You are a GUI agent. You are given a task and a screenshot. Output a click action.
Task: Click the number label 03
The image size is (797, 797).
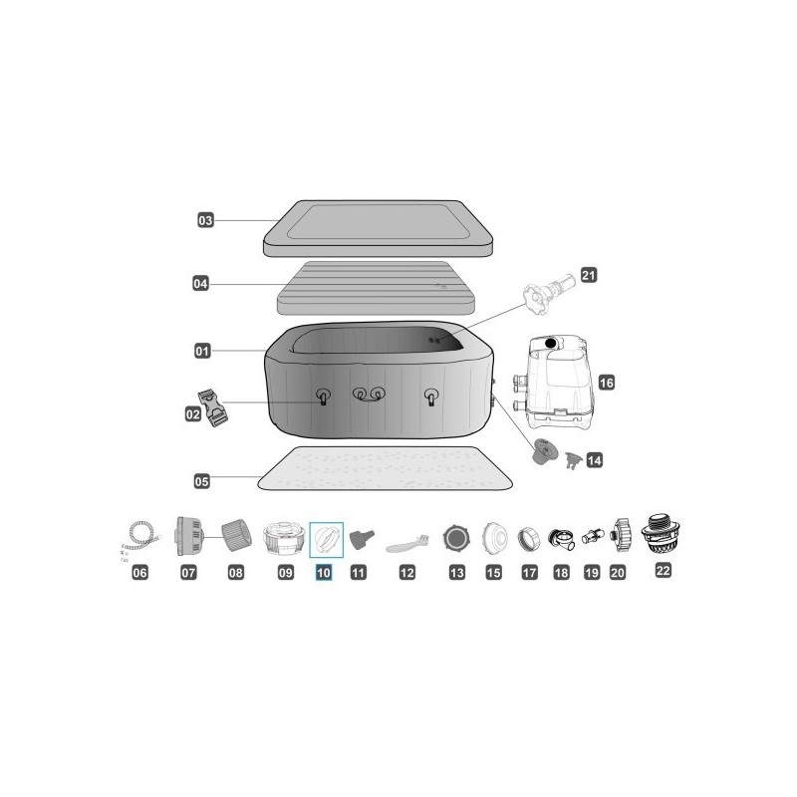tap(205, 220)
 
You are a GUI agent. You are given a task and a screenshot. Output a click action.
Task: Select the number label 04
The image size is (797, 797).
tap(200, 284)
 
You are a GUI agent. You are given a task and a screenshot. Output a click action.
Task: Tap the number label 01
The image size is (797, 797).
tap(202, 351)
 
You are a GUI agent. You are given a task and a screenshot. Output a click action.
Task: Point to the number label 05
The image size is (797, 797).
tap(202, 480)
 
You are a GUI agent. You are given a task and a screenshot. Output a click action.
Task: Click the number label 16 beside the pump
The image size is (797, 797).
tap(606, 382)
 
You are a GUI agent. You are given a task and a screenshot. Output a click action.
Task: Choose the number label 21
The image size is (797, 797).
tap(588, 275)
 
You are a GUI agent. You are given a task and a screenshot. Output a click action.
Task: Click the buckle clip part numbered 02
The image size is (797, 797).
tap(217, 409)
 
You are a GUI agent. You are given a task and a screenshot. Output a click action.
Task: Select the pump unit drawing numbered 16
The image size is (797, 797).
tap(554, 380)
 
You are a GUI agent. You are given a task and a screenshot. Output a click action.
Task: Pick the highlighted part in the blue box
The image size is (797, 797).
tap(326, 539)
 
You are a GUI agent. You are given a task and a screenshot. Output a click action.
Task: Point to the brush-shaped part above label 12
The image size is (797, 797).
tap(407, 542)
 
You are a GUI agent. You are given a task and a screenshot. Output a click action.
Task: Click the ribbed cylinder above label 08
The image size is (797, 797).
tap(234, 537)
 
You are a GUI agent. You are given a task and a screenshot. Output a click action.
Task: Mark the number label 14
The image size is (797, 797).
tap(595, 460)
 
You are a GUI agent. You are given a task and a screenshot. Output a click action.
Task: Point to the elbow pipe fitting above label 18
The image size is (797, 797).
tap(561, 539)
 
